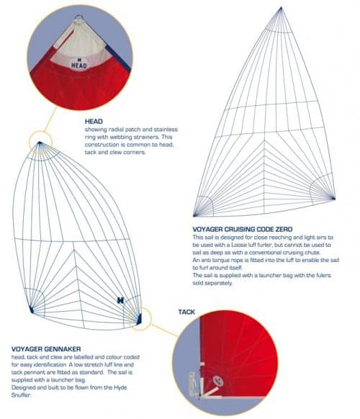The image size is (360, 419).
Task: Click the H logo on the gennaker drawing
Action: pos(119,299)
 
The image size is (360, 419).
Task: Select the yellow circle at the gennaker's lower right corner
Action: pos(140,317)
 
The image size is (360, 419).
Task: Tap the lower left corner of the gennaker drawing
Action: pos(32,310)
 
